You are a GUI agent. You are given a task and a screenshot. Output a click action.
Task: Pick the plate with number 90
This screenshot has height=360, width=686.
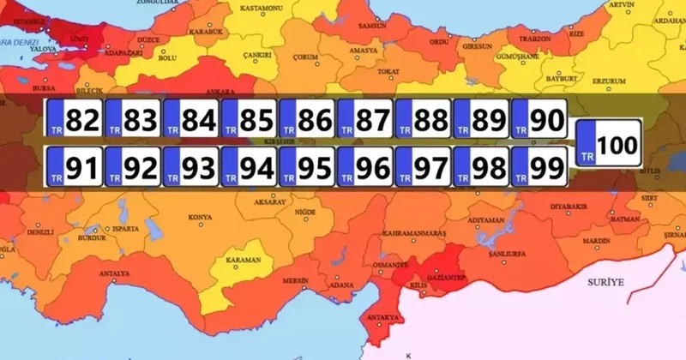pyautogui.click(x=539, y=121)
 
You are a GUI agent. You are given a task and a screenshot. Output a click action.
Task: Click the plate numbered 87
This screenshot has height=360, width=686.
pyautogui.click(x=367, y=121)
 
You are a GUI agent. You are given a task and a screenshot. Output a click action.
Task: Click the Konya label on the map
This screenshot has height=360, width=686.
pyautogui.click(x=200, y=217)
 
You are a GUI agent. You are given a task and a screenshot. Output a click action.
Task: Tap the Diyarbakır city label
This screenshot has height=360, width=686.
pyautogui.click(x=570, y=207)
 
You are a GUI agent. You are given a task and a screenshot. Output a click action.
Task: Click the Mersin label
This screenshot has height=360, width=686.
pyautogui.click(x=297, y=279)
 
